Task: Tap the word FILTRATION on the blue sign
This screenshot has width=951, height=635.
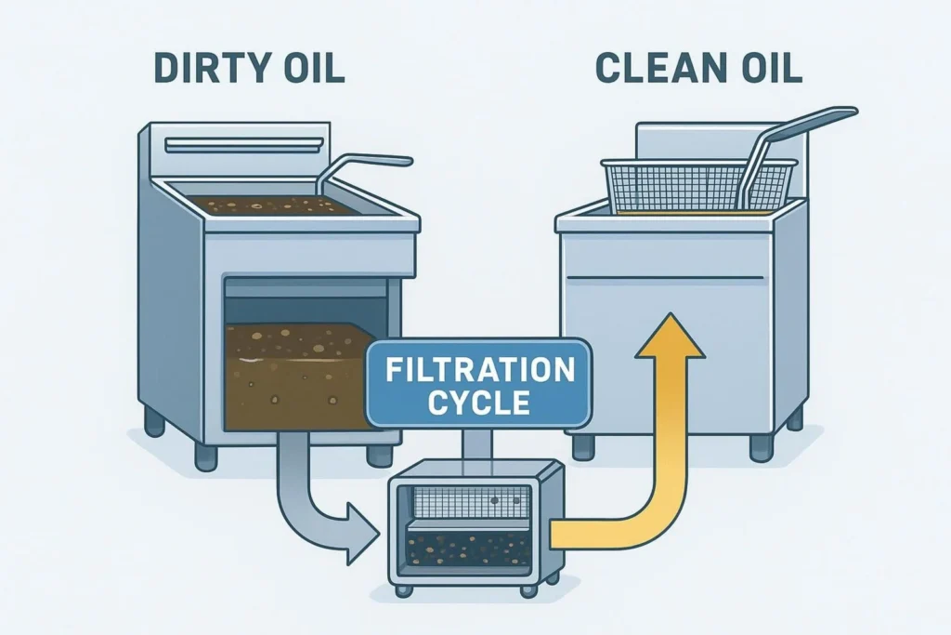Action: pyautogui.click(x=480, y=372)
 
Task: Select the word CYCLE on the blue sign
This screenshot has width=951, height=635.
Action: pyautogui.click(x=480, y=403)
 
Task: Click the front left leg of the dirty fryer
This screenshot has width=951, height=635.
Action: pyautogui.click(x=205, y=455)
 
